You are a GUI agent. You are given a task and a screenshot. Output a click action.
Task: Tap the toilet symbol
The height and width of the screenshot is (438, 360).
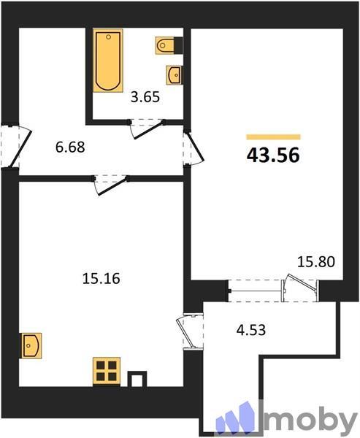(166, 46)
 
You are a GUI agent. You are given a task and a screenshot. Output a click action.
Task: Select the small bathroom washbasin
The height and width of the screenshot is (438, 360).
(175, 74)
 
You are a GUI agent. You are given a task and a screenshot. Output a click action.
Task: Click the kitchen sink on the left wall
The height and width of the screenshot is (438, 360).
(31, 343)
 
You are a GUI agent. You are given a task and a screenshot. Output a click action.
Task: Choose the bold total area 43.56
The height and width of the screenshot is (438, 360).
(275, 155)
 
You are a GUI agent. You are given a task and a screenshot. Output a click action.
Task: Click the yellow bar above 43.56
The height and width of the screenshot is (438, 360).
(273, 137)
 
